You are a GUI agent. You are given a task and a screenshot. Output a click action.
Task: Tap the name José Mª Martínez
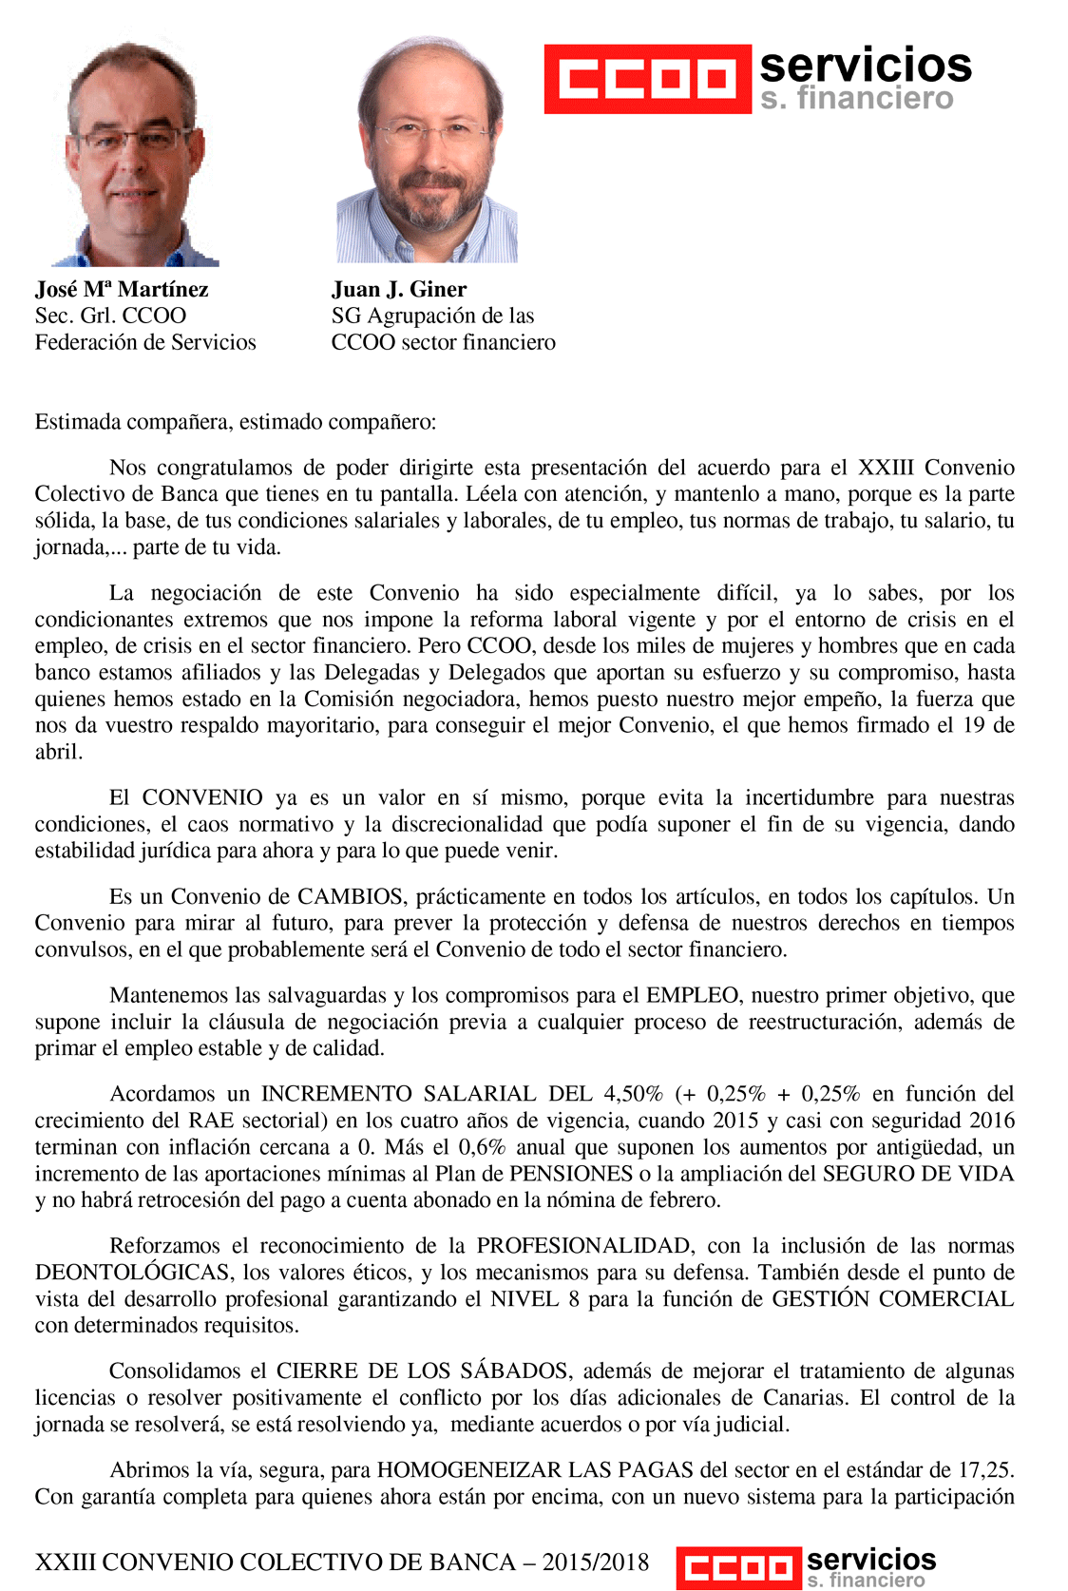pos(122,290)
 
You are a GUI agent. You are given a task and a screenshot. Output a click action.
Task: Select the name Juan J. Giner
pos(399,290)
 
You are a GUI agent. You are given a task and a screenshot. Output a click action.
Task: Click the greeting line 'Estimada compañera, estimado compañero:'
pos(236,422)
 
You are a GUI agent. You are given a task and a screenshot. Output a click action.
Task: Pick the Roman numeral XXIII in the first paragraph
pos(886,468)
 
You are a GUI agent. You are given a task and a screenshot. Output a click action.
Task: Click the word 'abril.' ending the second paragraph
pos(59,753)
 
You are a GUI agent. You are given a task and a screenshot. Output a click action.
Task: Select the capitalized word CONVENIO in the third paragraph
pos(202,798)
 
